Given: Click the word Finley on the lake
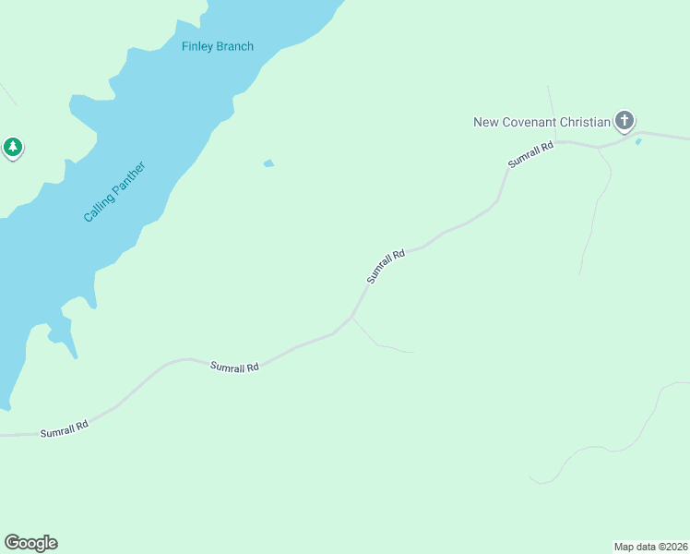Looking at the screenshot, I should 197,46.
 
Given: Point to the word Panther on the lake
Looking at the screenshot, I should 129,177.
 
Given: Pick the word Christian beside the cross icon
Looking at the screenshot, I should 584,122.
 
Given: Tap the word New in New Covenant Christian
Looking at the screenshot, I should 485,122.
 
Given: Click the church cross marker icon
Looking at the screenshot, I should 625,120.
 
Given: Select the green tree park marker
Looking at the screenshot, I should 13,147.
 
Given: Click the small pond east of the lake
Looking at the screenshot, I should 268,163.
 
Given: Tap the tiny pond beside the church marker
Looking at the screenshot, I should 637,141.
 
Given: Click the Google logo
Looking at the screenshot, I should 30,543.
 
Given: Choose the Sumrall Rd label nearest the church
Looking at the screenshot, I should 530,153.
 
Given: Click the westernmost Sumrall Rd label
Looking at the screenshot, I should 64,429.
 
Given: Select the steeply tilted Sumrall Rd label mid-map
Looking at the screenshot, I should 386,266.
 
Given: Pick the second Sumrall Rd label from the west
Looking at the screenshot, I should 234,367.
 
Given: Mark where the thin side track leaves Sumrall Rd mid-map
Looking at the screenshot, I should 351,317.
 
